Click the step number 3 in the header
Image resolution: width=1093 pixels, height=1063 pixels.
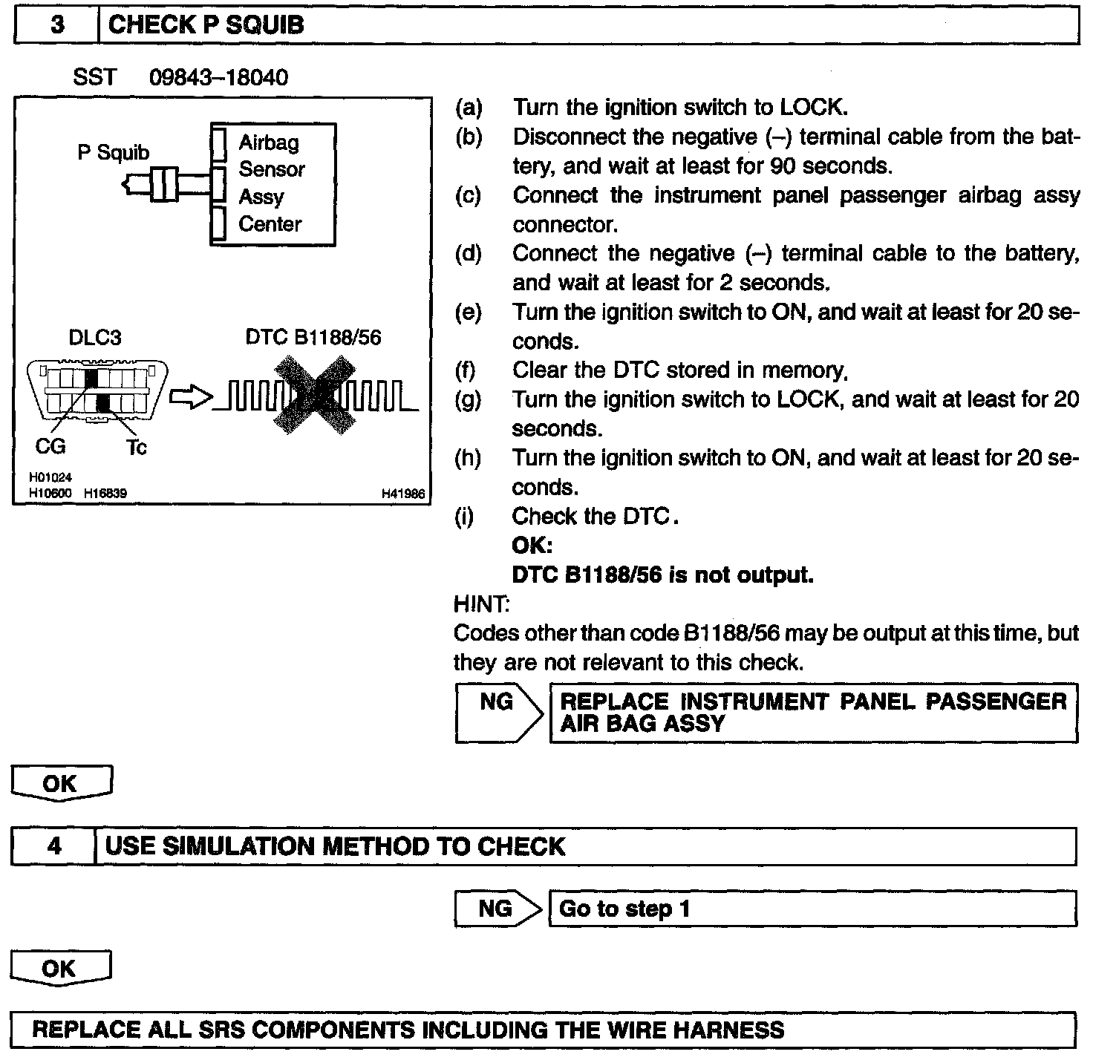click(57, 25)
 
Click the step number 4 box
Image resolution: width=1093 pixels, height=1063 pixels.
click(54, 846)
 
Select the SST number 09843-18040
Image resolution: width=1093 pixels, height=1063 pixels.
click(218, 77)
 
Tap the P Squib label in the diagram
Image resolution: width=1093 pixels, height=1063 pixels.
click(113, 152)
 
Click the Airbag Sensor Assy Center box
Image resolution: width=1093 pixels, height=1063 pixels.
click(273, 184)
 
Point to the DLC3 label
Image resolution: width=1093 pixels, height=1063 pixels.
click(94, 338)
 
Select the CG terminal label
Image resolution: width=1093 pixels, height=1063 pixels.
click(50, 446)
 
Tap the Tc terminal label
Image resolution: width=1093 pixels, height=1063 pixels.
click(137, 447)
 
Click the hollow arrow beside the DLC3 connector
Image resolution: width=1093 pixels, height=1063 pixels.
click(191, 398)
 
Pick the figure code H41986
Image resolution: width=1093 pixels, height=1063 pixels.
click(403, 493)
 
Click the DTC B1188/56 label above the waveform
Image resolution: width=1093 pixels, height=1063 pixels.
click(313, 338)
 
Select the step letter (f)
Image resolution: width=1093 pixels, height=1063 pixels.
click(468, 370)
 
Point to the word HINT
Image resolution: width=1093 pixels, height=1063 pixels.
click(481, 604)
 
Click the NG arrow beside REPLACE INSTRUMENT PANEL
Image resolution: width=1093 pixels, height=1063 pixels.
click(499, 713)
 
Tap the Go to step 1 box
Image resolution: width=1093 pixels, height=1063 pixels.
click(812, 909)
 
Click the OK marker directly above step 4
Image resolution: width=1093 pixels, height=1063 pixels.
click(61, 784)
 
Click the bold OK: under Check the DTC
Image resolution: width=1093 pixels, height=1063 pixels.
click(532, 546)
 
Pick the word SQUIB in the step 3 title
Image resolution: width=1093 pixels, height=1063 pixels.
click(264, 25)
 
